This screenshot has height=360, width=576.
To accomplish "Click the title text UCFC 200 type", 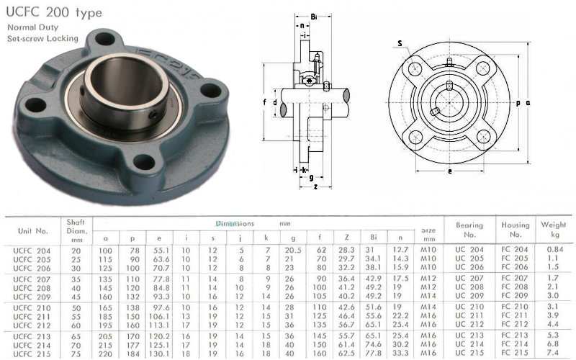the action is tap(54, 12).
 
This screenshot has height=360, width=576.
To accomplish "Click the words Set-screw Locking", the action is tap(43, 38).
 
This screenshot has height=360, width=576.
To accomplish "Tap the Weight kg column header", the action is tap(554, 229).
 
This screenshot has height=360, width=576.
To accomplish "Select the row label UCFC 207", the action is tap(32, 279).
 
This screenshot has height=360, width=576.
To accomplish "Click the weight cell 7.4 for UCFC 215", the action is tap(552, 353).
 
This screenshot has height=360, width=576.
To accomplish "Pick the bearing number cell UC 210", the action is tap(469, 307).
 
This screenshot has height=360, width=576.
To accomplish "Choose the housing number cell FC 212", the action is tap(515, 325).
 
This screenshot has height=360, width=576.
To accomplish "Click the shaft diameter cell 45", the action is tap(76, 297).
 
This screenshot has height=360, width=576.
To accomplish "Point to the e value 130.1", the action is tap(159, 354).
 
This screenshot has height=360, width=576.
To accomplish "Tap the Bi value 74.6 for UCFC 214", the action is tap(374, 344).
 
